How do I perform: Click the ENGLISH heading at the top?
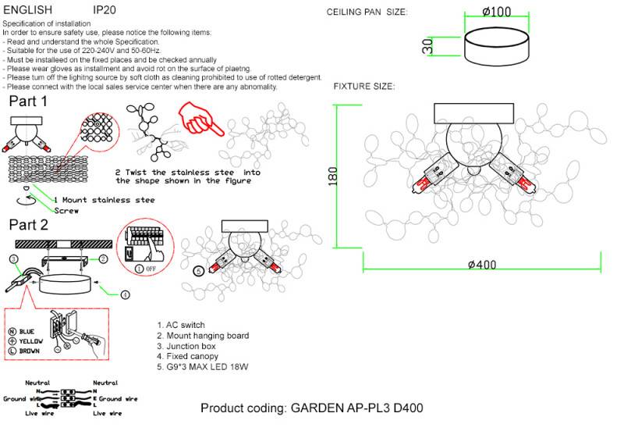pos(28,11)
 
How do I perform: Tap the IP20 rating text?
pos(105,11)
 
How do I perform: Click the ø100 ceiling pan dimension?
pos(496,12)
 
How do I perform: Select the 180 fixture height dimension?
pos(333,175)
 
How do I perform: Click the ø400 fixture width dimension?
pos(481,265)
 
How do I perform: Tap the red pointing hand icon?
pos(197,118)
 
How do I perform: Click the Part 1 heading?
pos(28,102)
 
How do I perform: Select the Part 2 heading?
pos(29,225)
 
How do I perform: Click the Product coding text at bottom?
pos(312,408)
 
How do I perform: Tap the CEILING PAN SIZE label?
pos(367,13)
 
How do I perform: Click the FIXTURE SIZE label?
pos(364,86)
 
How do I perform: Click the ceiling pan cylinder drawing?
pos(496,48)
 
